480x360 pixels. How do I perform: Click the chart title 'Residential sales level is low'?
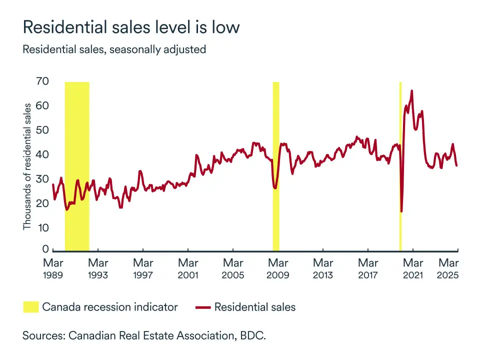(131, 27)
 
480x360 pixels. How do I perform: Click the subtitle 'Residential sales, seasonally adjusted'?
(114, 50)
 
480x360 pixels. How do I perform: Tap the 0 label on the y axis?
(46, 249)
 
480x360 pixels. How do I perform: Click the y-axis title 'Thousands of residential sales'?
(27, 166)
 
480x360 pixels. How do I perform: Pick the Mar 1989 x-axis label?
(53, 268)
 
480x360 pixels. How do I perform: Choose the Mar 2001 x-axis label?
(188, 268)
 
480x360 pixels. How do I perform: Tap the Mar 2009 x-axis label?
(278, 268)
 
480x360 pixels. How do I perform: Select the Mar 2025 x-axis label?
(448, 268)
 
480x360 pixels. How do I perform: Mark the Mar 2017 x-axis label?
(368, 268)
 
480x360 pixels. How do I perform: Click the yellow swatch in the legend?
(30, 307)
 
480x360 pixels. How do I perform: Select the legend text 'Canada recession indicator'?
(110, 307)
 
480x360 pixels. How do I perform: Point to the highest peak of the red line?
(411, 91)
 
